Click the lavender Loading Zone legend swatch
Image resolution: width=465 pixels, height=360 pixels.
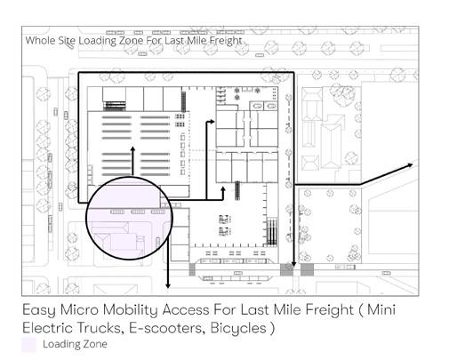pyautogui.click(x=28, y=345)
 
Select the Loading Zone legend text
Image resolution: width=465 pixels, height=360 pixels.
pyautogui.click(x=75, y=344)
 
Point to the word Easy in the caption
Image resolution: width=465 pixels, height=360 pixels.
pyautogui.click(x=39, y=311)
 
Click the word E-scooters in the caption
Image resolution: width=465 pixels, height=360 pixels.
pyautogui.click(x=167, y=328)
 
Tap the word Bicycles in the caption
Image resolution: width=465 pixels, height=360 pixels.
pyautogui.click(x=238, y=329)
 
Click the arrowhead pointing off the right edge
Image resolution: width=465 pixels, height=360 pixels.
pyautogui.click(x=410, y=165)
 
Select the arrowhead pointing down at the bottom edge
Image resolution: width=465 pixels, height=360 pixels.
pyautogui.click(x=168, y=286)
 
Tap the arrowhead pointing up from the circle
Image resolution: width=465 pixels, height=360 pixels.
pyautogui.click(x=132, y=148)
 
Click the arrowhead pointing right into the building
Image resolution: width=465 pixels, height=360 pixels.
pyautogui.click(x=212, y=121)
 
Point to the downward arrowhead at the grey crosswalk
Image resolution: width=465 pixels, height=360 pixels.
pyautogui.click(x=293, y=264)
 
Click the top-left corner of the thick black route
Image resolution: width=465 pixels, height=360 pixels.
pyautogui.click(x=78, y=72)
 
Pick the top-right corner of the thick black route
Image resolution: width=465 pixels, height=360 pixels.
pyautogui.click(x=293, y=72)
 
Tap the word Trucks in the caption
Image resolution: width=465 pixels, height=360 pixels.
pyautogui.click(x=100, y=328)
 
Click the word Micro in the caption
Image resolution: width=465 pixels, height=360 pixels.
pyautogui.click(x=79, y=310)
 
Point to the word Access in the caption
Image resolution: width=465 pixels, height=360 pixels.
pyautogui.click(x=186, y=310)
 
